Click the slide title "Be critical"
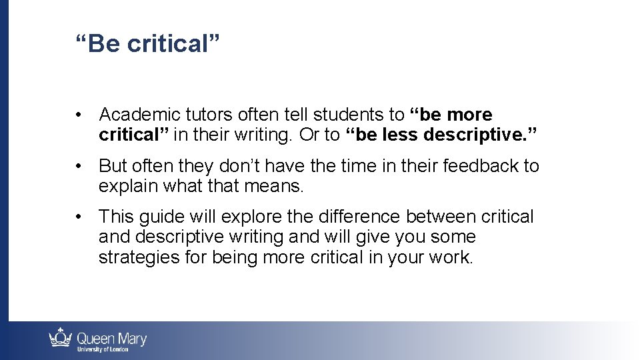pyautogui.click(x=147, y=44)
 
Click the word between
pyautogui.click(x=445, y=217)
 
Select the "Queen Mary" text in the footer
pyautogui.click(x=111, y=337)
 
